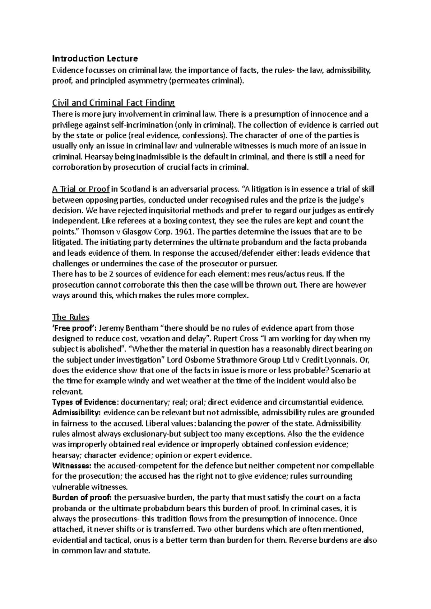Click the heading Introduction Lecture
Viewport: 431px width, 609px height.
click(95, 58)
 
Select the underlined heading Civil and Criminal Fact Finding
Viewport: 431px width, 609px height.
click(113, 103)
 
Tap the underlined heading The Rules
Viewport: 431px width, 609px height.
click(71, 317)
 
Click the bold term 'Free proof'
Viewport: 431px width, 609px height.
click(74, 328)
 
